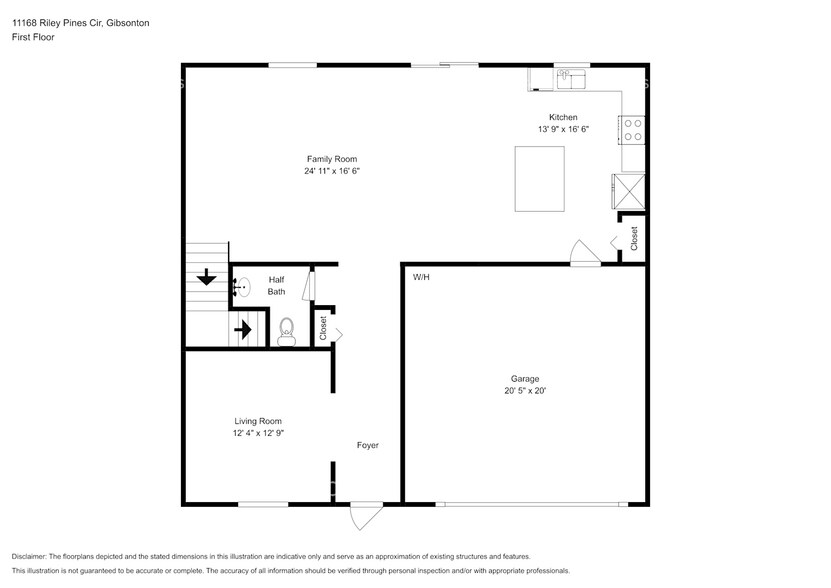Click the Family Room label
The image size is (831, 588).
[331, 159]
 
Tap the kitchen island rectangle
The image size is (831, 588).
[539, 178]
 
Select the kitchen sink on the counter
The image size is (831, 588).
[565, 76]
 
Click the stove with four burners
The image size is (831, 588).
[633, 130]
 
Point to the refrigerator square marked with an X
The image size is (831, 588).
[629, 190]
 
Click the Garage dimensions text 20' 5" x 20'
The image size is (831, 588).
[525, 391]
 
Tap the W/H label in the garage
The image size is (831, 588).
[421, 277]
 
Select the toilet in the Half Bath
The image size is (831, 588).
[286, 330]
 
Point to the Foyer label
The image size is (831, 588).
[367, 445]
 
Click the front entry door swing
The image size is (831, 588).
[366, 517]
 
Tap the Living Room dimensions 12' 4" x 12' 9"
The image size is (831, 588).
[258, 433]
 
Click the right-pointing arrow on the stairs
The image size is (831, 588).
[243, 327]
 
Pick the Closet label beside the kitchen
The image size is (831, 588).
[633, 238]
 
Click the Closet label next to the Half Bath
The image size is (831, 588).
[323, 327]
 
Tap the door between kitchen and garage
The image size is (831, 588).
[582, 254]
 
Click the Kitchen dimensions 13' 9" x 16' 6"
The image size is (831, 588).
[563, 129]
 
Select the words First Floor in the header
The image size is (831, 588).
[34, 37]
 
